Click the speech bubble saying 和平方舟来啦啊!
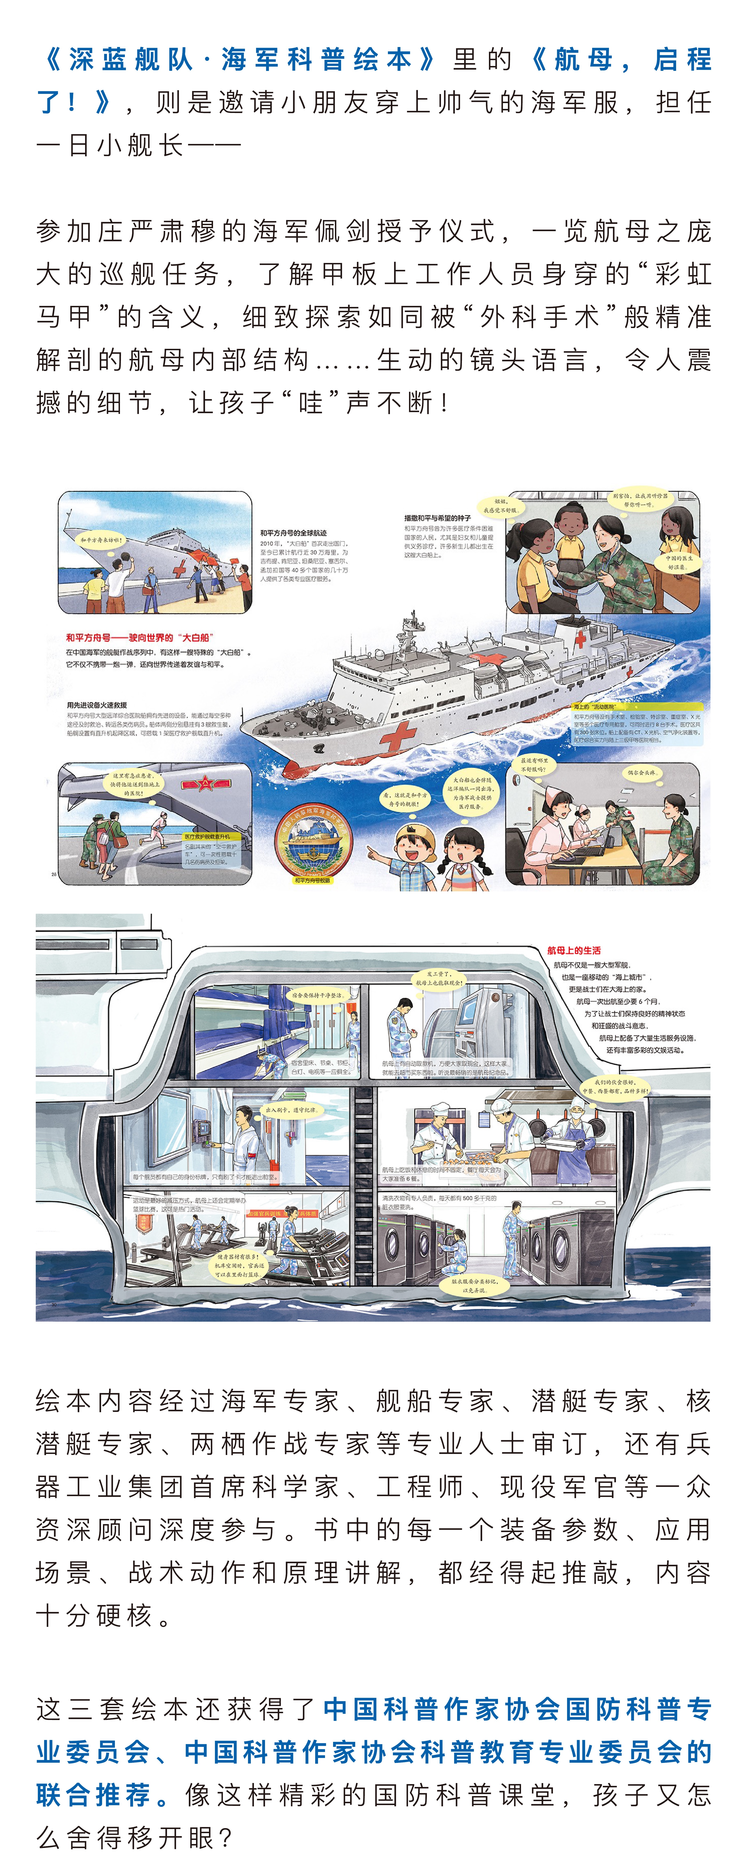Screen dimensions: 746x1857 pyautogui.click(x=102, y=539)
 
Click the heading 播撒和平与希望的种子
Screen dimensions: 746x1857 pyautogui.click(x=437, y=518)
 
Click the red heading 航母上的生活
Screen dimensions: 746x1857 pyautogui.click(x=574, y=950)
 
